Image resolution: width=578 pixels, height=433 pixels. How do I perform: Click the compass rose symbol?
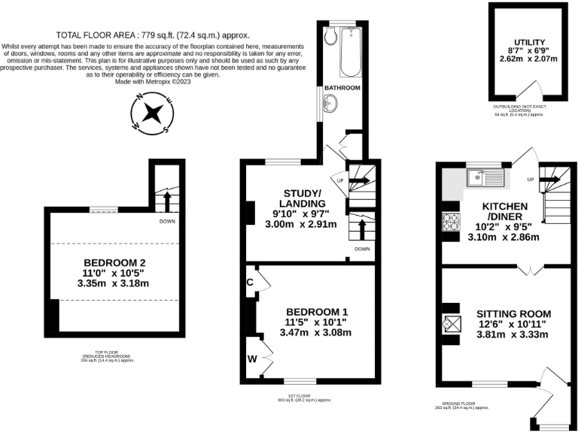tap(153, 114)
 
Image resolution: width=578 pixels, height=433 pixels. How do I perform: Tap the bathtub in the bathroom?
tap(351, 53)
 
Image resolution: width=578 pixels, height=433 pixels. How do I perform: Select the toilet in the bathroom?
tap(330, 38)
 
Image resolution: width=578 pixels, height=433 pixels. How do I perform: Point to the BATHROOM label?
tap(342, 89)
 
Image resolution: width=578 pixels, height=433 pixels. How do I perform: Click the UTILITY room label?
tap(530, 43)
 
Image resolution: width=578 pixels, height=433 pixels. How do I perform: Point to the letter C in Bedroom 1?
tap(249, 283)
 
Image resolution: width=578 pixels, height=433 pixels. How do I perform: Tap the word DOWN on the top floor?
tap(168, 222)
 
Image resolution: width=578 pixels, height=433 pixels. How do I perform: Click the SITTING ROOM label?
tap(514, 313)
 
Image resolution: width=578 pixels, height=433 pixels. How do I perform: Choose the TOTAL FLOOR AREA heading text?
tap(153, 35)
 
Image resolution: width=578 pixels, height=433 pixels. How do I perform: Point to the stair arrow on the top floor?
tap(167, 201)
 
